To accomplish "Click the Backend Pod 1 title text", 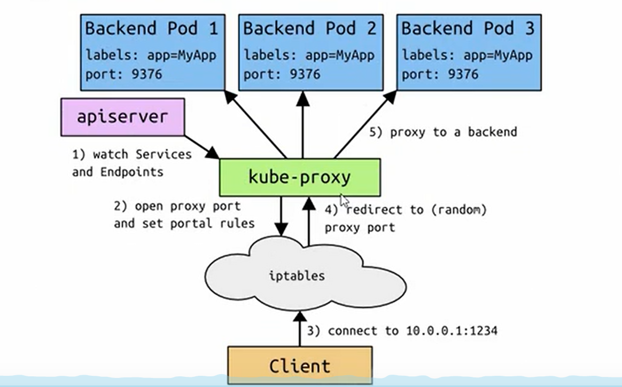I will point(152,28).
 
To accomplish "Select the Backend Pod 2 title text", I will point(309,28).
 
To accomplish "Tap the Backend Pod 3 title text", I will point(468,28).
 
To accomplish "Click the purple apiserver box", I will point(123,116).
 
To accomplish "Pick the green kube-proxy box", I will point(300,177).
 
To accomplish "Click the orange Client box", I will point(300,366).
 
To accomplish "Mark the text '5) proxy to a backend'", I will point(443,132).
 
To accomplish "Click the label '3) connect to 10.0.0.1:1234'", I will point(402,331).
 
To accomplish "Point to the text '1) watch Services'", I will point(131,155).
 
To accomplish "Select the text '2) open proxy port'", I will point(177,206).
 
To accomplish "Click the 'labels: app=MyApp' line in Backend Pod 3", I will point(467,55).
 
